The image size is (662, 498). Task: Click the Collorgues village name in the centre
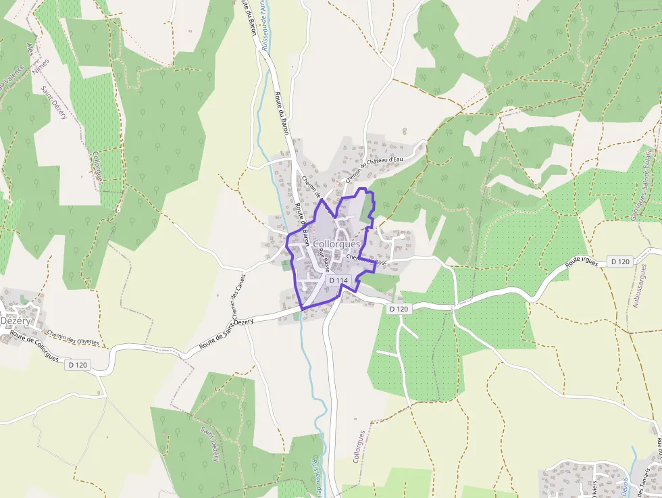(x=336, y=243)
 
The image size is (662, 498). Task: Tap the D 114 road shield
(x=338, y=280)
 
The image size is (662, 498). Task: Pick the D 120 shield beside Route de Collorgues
(x=79, y=364)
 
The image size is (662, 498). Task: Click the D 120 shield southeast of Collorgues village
(x=399, y=309)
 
